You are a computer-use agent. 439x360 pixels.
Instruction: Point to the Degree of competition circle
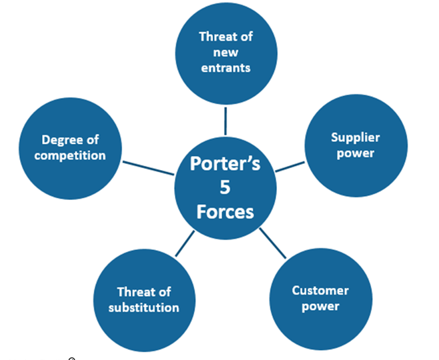pos(73,148)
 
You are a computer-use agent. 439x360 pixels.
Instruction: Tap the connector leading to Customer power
pos(273,243)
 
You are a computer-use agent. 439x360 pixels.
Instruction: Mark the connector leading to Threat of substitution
pos(185,244)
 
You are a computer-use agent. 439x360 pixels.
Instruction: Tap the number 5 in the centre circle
pos(225,188)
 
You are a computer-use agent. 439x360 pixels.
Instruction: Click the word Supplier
pos(356,138)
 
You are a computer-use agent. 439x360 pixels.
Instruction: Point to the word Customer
pos(320,291)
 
